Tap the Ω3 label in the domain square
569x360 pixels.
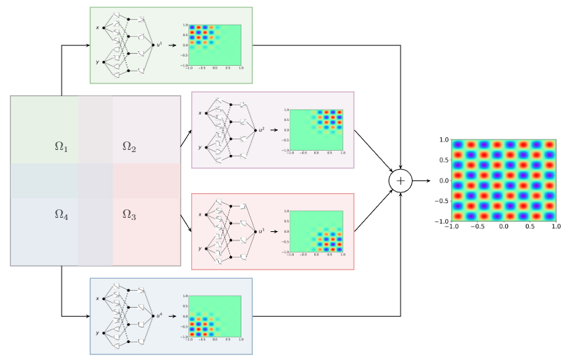point(129,214)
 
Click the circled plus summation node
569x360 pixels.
point(401,181)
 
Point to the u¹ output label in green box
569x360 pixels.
point(160,45)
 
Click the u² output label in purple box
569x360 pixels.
point(262,130)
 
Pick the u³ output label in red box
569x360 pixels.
point(262,231)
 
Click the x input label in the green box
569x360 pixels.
point(98,28)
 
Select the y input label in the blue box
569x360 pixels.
point(98,332)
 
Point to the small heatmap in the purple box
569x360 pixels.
point(316,130)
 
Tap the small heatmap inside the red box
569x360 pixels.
point(316,231)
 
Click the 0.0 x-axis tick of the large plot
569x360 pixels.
point(503,227)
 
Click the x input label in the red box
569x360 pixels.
point(200,214)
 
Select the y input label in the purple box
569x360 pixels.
point(200,147)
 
